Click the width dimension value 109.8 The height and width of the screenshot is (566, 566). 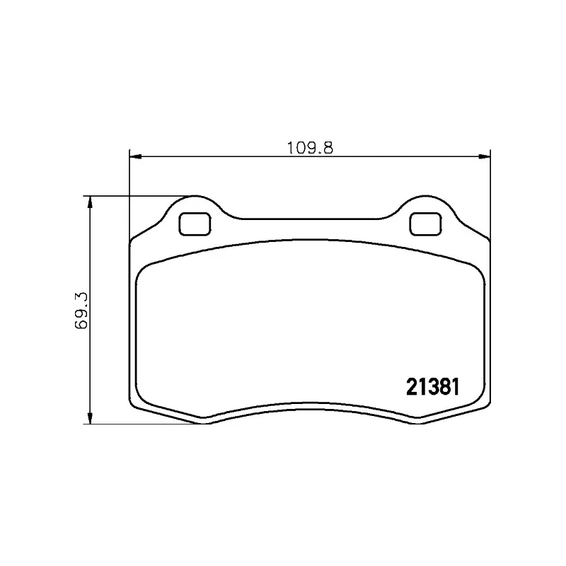(x=309, y=148)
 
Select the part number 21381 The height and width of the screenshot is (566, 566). (x=434, y=387)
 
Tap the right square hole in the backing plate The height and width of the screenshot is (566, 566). (x=425, y=224)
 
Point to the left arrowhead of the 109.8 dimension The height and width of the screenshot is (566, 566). (x=134, y=156)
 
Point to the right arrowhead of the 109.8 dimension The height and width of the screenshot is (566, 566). (x=485, y=156)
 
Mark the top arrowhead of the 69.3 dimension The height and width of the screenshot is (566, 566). (x=89, y=202)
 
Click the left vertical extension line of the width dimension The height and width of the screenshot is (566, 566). (x=129, y=198)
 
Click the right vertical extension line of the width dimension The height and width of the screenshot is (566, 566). (x=490, y=198)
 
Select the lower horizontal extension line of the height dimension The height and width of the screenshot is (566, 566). (x=141, y=424)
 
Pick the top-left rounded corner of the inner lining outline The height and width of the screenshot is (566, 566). (x=141, y=269)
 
